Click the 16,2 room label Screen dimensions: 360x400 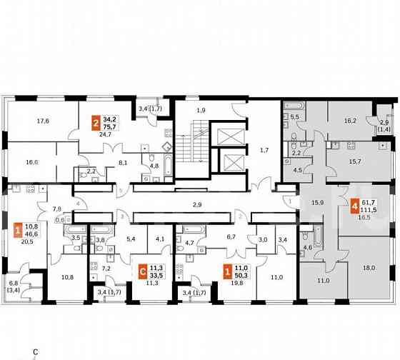[350, 121]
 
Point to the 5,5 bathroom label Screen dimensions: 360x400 [295, 116]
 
